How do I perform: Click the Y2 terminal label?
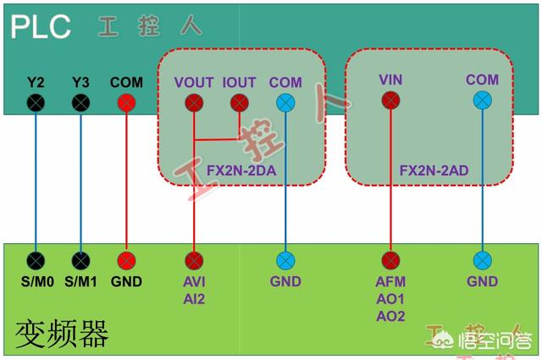click(x=35, y=83)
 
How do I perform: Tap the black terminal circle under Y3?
click(x=80, y=102)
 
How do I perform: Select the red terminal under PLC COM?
click(x=126, y=102)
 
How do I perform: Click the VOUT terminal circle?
click(x=194, y=102)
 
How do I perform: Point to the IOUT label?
click(x=238, y=83)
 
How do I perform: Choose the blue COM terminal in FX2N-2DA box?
click(x=285, y=102)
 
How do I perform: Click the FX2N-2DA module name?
click(x=241, y=169)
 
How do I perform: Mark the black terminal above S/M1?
click(x=80, y=259)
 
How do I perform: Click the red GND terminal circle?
click(x=126, y=259)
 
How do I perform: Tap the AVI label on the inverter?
click(x=194, y=281)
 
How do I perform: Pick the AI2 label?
click(x=194, y=298)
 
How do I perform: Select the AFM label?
click(x=390, y=281)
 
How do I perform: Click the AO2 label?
click(x=390, y=316)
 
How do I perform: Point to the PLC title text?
click(x=40, y=26)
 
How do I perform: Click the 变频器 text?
click(x=61, y=335)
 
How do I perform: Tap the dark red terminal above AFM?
click(x=390, y=259)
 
